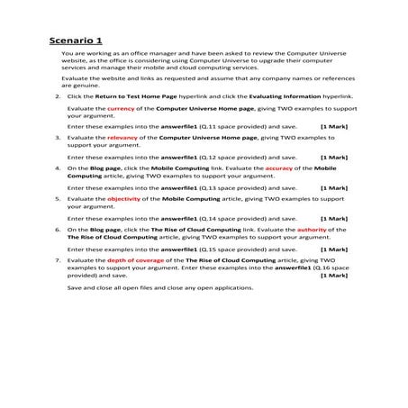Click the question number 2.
tap(58, 95)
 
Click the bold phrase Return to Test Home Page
tap(130, 95)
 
